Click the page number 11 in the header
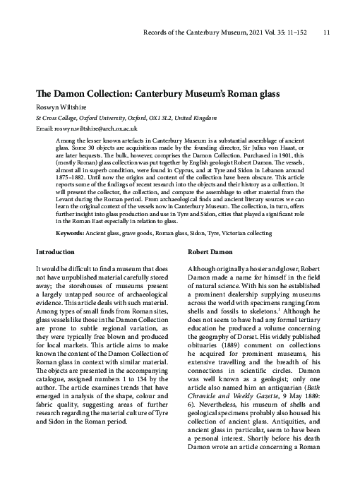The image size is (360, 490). [326, 32]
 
